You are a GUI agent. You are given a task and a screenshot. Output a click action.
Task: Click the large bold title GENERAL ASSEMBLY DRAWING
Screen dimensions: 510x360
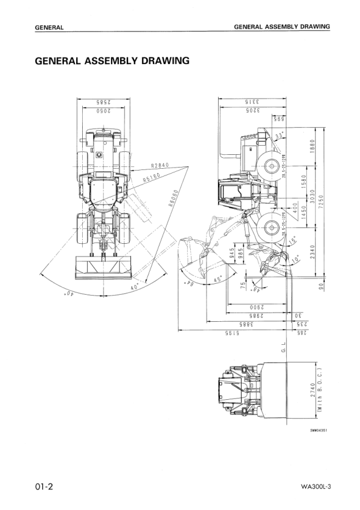[112, 61]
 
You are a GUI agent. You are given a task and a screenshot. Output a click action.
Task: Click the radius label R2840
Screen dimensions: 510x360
[161, 165]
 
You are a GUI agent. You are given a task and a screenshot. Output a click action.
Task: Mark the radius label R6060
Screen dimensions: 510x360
[173, 198]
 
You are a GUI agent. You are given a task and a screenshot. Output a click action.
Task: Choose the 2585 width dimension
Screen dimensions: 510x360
[102, 103]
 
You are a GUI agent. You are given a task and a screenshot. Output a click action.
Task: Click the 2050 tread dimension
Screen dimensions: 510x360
[102, 111]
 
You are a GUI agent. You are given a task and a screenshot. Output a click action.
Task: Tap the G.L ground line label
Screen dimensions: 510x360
[283, 347]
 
